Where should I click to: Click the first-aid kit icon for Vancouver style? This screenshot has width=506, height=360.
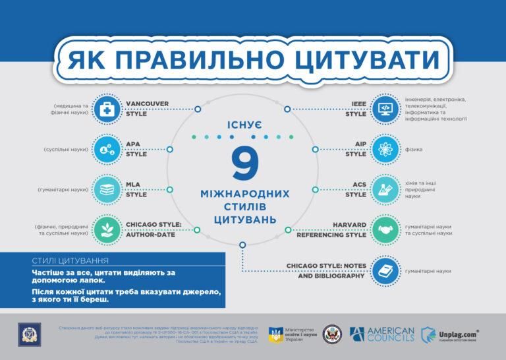point(105,109)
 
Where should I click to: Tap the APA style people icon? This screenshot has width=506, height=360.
point(105,150)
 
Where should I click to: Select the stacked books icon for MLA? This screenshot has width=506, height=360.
point(105,189)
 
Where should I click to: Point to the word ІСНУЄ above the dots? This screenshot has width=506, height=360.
point(244,125)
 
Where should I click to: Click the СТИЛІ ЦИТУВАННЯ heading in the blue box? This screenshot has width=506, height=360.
point(70,260)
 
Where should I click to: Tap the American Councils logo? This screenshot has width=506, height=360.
point(382,334)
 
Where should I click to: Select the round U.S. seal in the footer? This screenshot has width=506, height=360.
point(333,334)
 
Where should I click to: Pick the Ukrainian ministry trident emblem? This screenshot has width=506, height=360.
point(276,335)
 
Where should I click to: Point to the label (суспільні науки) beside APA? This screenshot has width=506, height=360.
point(63,150)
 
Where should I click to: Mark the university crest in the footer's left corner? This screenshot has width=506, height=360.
point(28,333)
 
